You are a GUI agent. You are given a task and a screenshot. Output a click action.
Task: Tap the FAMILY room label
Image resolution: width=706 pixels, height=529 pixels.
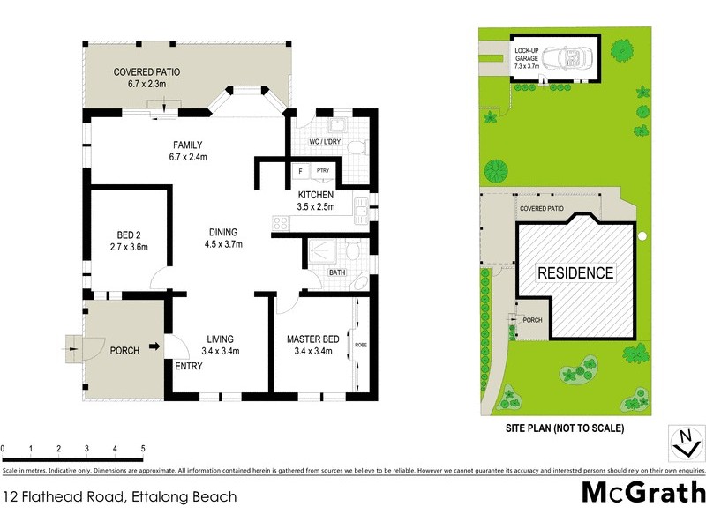click(188, 145)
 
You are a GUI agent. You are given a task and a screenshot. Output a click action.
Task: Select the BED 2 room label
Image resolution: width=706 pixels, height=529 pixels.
click(129, 235)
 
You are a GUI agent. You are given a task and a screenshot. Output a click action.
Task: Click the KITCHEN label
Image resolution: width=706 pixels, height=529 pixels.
click(315, 194)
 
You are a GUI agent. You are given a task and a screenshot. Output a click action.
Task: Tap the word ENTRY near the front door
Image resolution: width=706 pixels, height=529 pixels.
click(189, 367)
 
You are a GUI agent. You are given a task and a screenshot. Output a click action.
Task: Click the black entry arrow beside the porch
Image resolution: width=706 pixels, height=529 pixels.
click(156, 348)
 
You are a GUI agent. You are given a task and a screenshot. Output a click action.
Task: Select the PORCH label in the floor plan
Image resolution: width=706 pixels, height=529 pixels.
click(124, 351)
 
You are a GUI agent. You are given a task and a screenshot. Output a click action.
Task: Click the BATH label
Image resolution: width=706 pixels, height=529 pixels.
click(336, 272)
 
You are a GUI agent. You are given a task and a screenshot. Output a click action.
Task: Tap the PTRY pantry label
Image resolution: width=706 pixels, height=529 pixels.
click(322, 171)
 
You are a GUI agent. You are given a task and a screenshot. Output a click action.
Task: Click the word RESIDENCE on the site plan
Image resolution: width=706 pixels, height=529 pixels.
click(575, 273)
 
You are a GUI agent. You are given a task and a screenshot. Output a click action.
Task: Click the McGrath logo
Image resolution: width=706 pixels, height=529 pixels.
click(643, 492)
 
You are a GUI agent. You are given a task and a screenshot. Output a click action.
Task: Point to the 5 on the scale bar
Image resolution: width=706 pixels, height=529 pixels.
click(143, 449)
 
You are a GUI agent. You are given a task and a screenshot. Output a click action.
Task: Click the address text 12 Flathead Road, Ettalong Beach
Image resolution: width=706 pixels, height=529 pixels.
click(120, 496)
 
